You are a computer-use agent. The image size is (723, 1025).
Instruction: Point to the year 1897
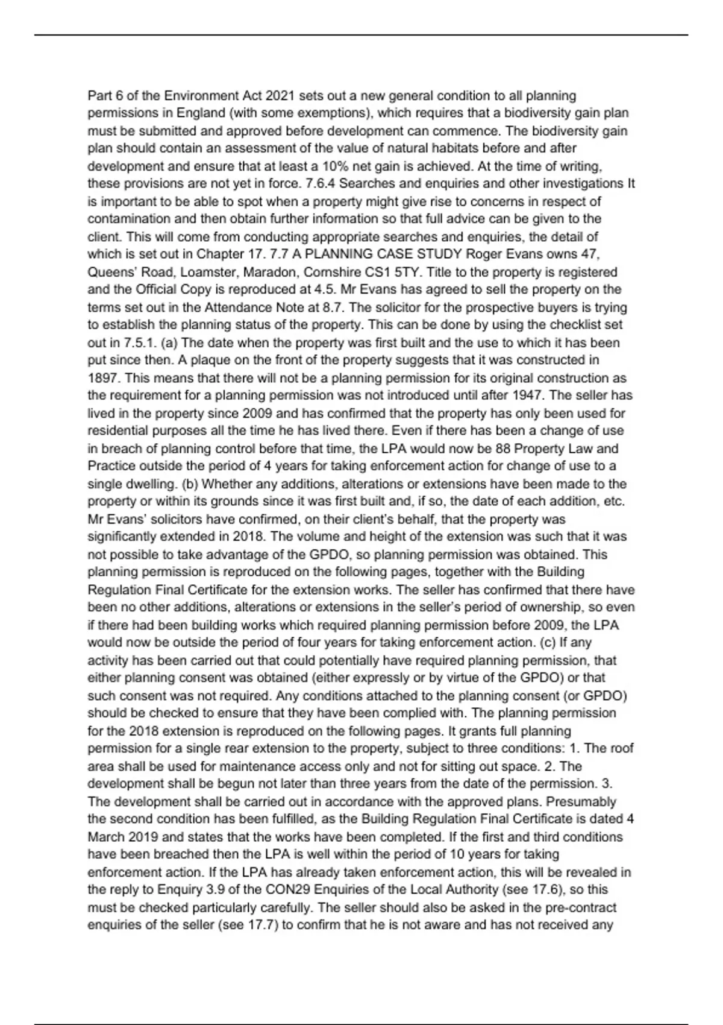coord(101,378)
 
